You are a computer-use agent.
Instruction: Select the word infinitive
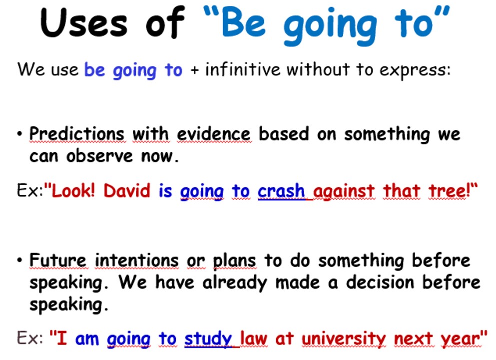(x=243, y=69)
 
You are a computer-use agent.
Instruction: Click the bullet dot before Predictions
(x=20, y=134)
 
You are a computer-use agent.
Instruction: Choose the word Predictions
(x=77, y=134)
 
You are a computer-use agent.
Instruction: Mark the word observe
(x=99, y=156)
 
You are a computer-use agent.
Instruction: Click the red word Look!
(x=73, y=191)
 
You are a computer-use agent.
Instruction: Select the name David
(x=127, y=191)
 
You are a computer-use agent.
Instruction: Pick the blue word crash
(x=281, y=191)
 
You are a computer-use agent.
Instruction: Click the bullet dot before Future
(x=20, y=260)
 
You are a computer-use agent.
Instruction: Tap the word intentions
(x=137, y=261)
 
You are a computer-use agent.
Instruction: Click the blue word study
(x=208, y=339)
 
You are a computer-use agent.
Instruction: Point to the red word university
(x=344, y=339)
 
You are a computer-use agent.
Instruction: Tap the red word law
(x=254, y=339)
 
